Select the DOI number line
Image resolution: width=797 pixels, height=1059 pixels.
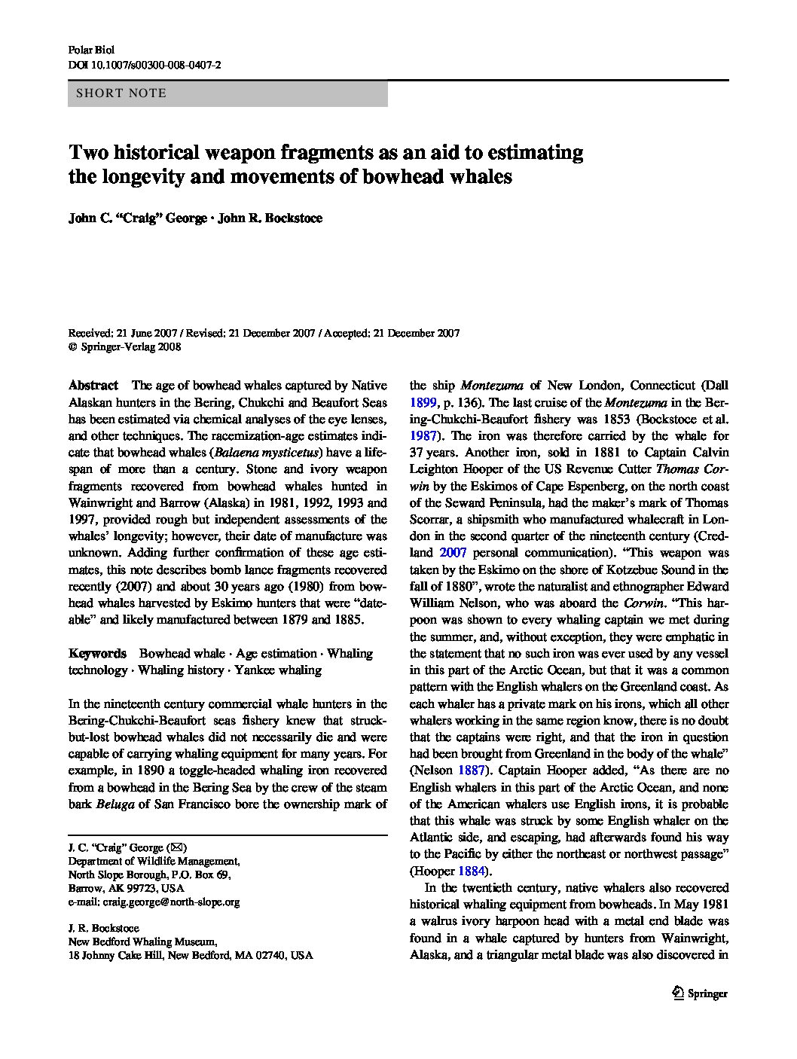click(x=145, y=66)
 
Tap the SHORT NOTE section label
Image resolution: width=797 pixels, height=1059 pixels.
click(x=118, y=94)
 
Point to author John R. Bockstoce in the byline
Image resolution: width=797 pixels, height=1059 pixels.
click(x=270, y=218)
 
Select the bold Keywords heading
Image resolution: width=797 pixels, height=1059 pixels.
click(x=97, y=654)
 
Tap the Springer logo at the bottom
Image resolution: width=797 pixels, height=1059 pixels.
click(x=699, y=993)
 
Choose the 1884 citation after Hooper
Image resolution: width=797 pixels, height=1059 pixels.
click(x=472, y=871)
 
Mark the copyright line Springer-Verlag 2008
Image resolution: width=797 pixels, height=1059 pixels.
click(x=125, y=347)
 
